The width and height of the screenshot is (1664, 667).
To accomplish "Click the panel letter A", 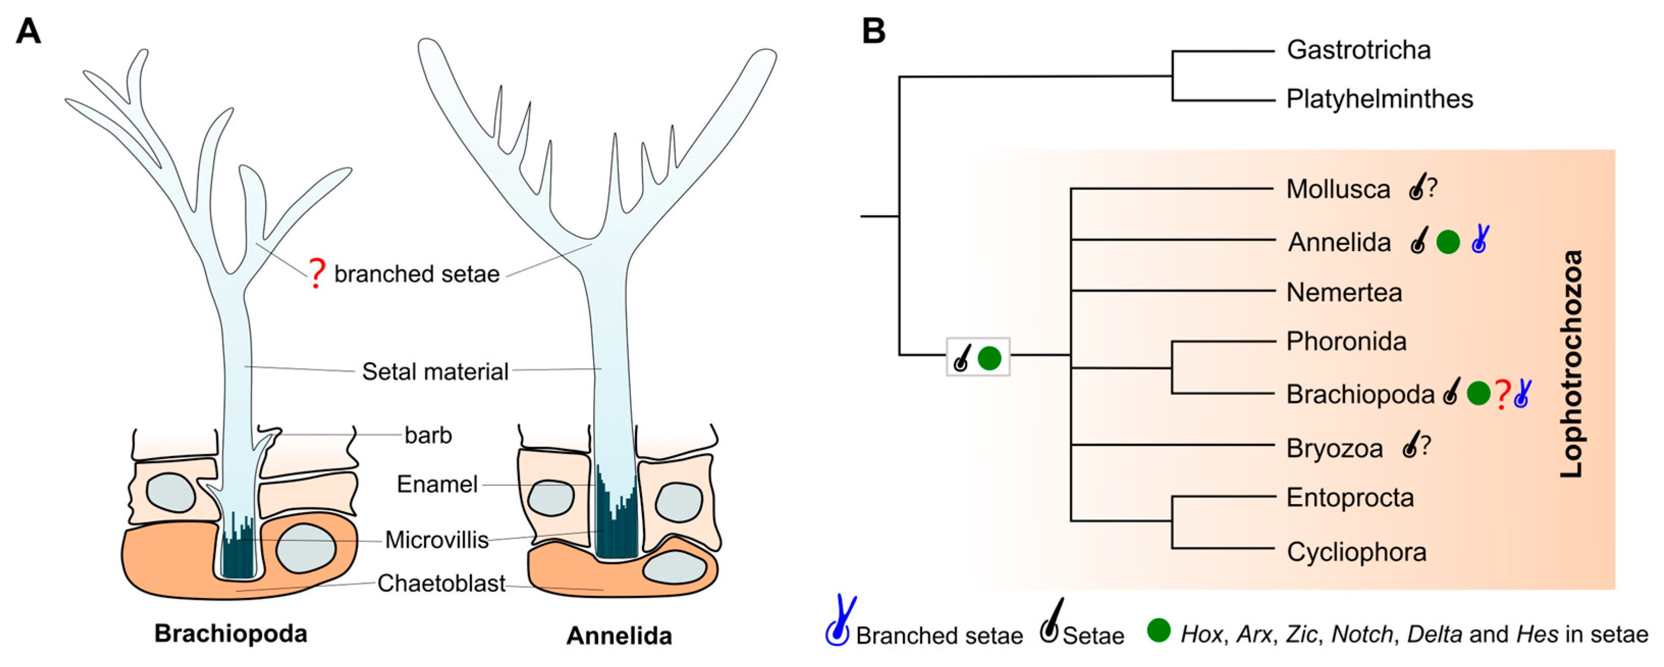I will [x=29, y=31].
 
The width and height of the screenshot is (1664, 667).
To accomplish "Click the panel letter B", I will [x=873, y=31].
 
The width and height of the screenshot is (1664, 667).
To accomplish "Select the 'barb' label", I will [x=428, y=435].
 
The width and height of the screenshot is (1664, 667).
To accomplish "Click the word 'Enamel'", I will [x=437, y=484].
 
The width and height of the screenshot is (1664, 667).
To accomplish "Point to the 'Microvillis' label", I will [x=437, y=540].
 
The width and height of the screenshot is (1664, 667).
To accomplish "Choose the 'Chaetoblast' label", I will [x=440, y=583].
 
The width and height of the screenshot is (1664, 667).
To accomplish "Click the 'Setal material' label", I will [x=435, y=371].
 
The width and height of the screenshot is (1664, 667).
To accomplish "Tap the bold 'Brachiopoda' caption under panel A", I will [x=231, y=633].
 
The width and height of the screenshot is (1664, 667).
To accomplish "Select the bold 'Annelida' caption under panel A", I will [x=619, y=636].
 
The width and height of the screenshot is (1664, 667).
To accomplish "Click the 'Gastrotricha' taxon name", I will [x=1358, y=50].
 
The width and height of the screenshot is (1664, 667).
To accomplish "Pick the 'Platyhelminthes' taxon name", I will [x=1379, y=99].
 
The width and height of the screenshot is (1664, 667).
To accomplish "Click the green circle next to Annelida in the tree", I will [x=1448, y=242].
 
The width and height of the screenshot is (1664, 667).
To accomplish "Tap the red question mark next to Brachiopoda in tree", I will [x=1503, y=394].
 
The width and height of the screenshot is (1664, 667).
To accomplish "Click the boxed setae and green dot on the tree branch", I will [x=977, y=357].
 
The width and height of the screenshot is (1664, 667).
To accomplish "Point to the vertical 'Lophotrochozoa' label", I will [x=1571, y=364].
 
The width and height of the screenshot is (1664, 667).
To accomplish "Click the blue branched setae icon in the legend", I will [x=840, y=621].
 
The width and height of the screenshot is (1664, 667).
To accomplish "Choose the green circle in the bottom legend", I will [x=1158, y=631].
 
